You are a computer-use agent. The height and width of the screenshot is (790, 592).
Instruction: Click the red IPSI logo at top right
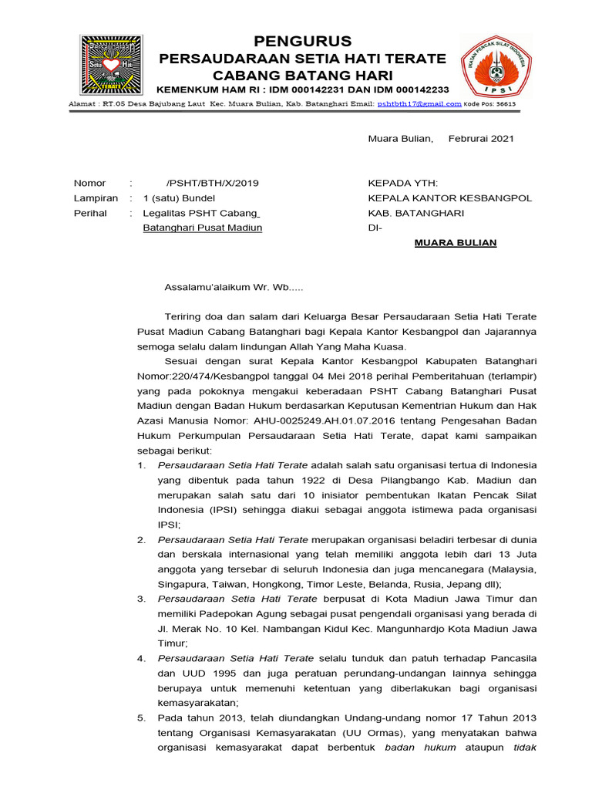click(x=496, y=65)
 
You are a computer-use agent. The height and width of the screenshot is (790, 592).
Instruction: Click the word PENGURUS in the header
click(x=302, y=41)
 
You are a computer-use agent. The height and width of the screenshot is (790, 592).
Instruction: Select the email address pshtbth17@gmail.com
click(x=419, y=103)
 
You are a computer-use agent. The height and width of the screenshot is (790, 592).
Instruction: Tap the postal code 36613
click(x=500, y=103)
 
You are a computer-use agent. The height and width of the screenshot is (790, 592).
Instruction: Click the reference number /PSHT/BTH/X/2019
click(x=213, y=183)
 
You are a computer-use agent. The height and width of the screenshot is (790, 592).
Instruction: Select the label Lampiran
click(x=96, y=198)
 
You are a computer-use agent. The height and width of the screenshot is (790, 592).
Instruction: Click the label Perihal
click(x=90, y=213)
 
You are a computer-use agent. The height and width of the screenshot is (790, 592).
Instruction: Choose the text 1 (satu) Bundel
click(x=178, y=198)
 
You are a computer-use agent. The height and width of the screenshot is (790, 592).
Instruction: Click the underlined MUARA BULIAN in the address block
click(x=456, y=243)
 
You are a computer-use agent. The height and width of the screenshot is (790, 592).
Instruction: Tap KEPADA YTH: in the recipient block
click(x=403, y=183)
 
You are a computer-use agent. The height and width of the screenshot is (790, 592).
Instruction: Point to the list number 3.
click(x=141, y=599)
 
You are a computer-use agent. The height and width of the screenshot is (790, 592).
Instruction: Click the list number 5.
click(x=141, y=717)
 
